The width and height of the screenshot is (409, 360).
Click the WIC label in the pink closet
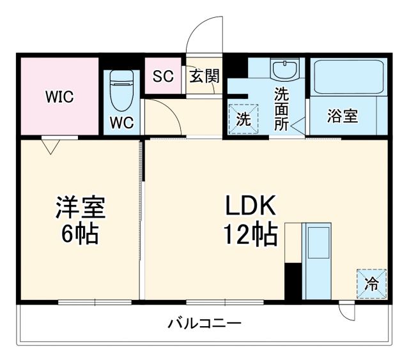(59, 97)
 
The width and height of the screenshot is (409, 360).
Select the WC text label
(121, 123)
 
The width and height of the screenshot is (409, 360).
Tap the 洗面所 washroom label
(281, 109)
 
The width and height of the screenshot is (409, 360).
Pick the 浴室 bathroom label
(343, 117)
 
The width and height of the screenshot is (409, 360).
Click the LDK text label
(250, 207)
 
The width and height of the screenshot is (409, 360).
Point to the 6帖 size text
(80, 235)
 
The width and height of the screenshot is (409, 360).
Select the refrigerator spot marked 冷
(372, 283)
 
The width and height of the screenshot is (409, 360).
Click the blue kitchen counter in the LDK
(316, 260)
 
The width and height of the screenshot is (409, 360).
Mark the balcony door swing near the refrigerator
(346, 311)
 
